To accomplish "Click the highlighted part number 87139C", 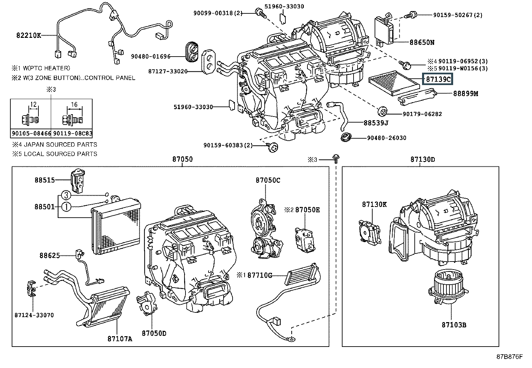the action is [438, 79].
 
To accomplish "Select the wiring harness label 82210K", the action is [28, 35].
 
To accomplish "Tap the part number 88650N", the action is [422, 43].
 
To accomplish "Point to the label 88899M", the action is [465, 93].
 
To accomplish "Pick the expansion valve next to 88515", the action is [78, 181].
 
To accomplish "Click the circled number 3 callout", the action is [66, 195].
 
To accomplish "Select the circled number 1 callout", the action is [66, 207].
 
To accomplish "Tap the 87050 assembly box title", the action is [182, 159].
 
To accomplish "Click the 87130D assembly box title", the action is [423, 159].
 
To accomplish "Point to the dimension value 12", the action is [33, 104].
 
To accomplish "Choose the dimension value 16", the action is [74, 104].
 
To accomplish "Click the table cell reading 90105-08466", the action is [31, 133].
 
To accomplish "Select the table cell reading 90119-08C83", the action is [73, 133].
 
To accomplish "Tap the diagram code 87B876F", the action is [510, 357].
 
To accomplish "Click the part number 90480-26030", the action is [387, 138].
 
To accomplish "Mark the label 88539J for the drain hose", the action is [376, 123].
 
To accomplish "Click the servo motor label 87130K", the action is [374, 204].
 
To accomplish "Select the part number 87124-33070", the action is [34, 315].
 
